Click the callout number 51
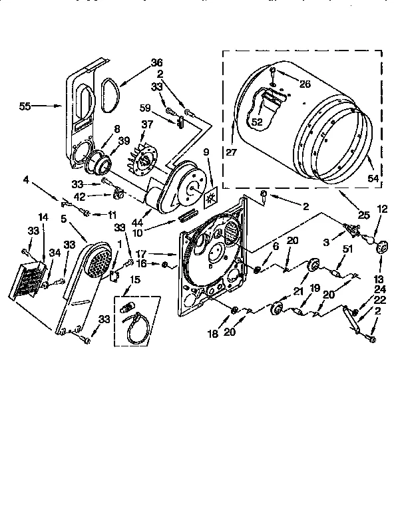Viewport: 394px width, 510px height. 346,249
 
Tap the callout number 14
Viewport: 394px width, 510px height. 43,217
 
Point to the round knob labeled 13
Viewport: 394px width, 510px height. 382,248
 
